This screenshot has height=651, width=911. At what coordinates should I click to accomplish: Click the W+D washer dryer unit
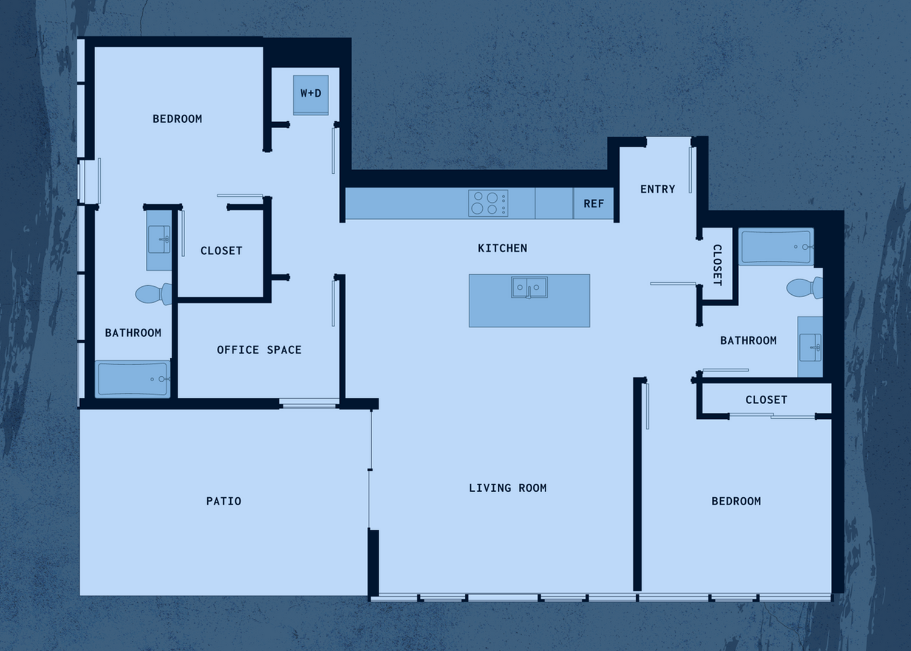(311, 95)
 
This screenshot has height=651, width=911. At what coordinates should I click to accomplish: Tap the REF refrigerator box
(593, 203)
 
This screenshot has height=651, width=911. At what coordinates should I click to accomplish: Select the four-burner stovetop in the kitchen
(488, 203)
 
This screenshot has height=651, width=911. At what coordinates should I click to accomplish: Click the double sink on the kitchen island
(529, 288)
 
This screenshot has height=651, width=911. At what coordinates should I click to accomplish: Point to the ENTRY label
(658, 189)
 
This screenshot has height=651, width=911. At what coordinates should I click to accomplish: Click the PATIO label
(223, 501)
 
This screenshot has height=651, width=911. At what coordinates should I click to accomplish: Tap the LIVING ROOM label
(508, 487)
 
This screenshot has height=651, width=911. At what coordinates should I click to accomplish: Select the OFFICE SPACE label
(259, 350)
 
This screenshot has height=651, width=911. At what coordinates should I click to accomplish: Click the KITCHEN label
(502, 248)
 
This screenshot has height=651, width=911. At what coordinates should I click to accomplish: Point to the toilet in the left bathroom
(154, 294)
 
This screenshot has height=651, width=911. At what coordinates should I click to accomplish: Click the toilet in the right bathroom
(805, 288)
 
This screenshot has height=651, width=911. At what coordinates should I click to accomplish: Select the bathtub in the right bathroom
(776, 247)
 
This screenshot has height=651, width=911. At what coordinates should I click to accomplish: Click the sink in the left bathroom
(159, 240)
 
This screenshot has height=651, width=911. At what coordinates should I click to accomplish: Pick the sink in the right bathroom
(810, 347)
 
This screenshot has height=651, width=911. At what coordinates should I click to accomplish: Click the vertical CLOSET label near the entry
(717, 265)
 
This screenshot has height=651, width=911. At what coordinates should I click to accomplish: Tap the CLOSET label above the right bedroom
(766, 400)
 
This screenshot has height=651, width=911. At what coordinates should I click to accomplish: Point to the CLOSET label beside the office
(221, 250)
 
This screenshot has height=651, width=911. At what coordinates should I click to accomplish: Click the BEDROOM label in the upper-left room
(177, 119)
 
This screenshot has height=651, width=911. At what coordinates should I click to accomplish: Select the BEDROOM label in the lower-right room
(736, 501)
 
